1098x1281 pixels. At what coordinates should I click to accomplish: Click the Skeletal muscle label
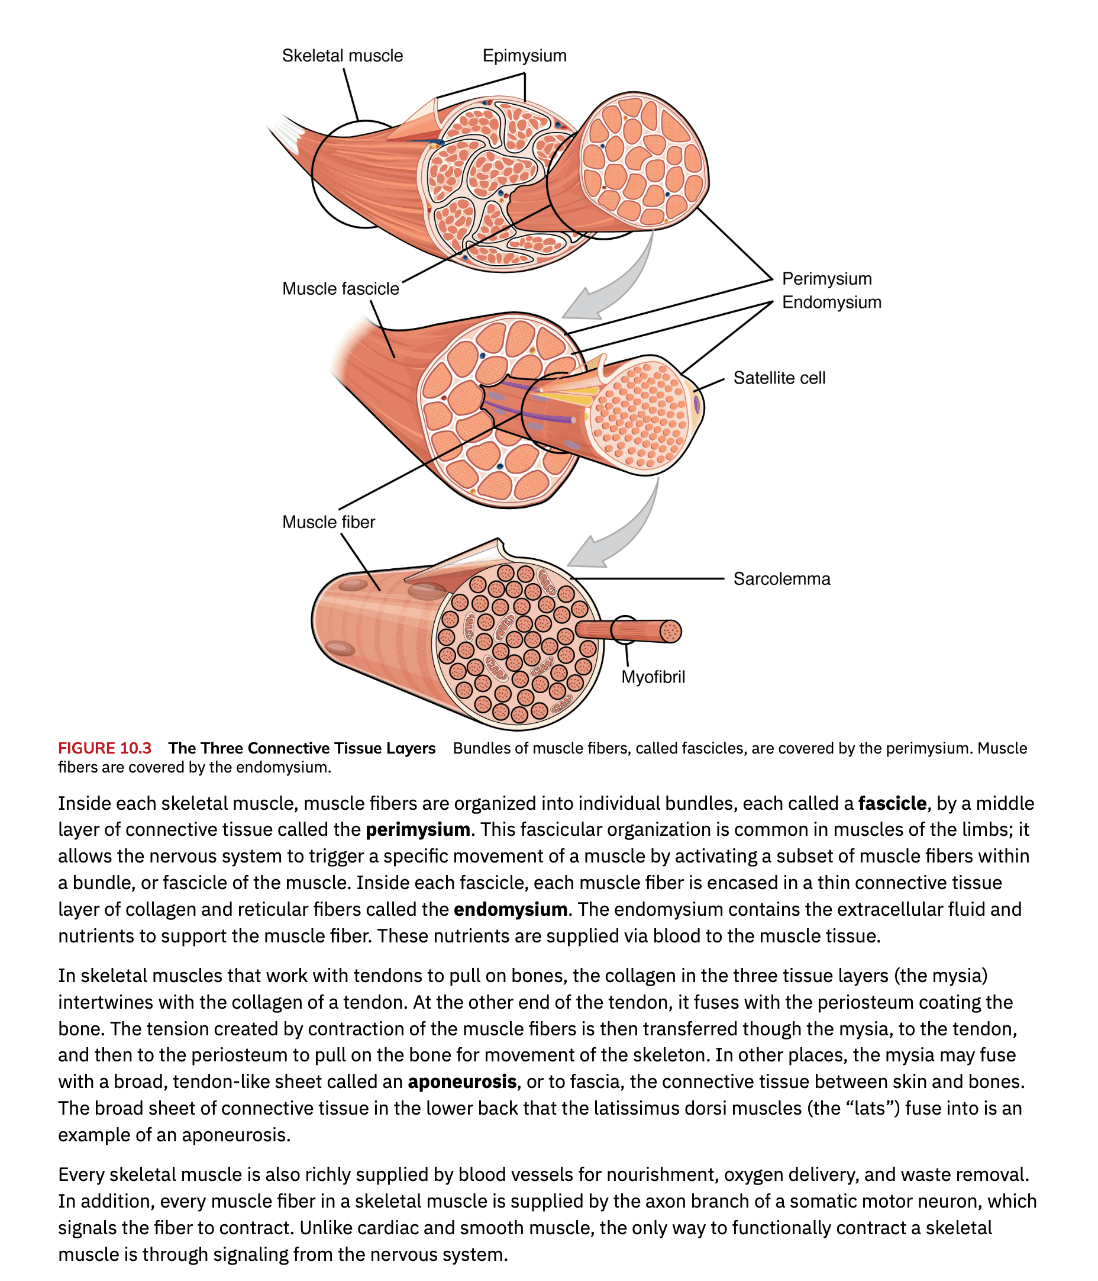[x=342, y=56]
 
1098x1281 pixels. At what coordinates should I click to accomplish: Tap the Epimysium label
[x=524, y=56]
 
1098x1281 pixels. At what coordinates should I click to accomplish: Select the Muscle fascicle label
[x=340, y=289]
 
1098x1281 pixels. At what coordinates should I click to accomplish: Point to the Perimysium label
[x=826, y=279]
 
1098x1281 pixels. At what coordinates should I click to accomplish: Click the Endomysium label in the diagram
[x=831, y=302]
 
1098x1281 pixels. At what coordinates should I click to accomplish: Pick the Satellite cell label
[x=779, y=378]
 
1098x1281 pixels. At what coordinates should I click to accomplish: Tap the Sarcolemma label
[x=781, y=579]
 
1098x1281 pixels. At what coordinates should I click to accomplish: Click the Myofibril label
[x=653, y=677]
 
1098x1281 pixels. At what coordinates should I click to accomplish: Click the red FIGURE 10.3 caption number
[x=105, y=748]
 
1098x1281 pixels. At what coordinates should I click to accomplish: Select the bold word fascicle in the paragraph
[x=892, y=803]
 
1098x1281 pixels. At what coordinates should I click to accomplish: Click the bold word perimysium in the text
[x=418, y=830]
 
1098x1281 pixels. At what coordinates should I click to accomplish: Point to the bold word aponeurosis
[x=461, y=1082]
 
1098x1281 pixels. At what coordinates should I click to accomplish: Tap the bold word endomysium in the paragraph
[x=510, y=909]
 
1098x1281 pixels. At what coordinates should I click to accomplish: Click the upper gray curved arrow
[x=618, y=284]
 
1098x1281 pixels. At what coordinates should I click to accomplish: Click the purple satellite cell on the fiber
[x=697, y=405]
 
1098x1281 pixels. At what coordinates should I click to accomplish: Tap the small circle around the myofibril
[x=625, y=629]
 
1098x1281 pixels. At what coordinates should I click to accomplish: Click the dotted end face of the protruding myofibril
[x=670, y=632]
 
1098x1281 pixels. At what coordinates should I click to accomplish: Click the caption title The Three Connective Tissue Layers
[x=302, y=748]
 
